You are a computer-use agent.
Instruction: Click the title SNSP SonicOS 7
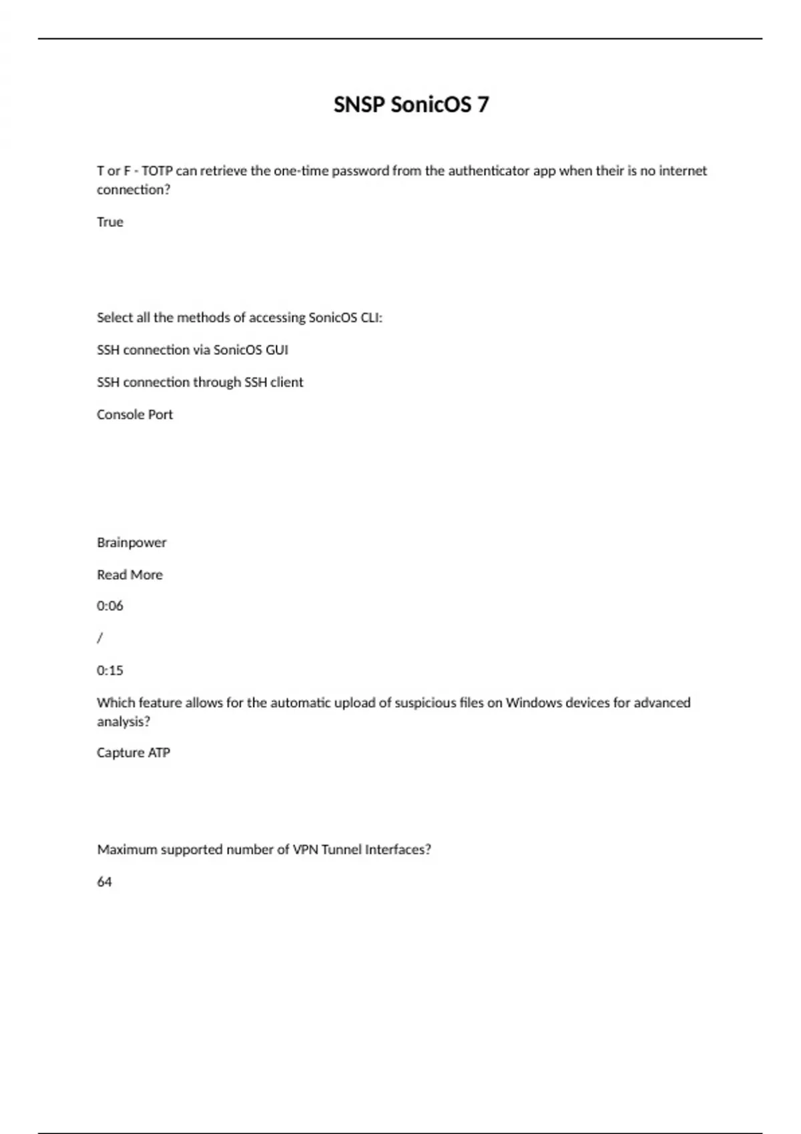coord(411,105)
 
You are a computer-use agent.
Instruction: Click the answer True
coord(110,222)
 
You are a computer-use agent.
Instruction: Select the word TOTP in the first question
coord(157,171)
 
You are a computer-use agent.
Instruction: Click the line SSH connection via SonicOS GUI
coord(192,350)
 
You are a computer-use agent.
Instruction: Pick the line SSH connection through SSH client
coord(200,382)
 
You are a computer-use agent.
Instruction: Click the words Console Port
coord(134,414)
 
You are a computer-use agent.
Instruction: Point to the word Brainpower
coord(131,542)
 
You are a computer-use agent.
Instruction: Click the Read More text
coord(129,574)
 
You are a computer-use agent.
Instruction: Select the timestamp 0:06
coord(110,606)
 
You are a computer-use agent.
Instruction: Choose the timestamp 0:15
coord(110,670)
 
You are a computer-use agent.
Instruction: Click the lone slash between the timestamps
coord(100,638)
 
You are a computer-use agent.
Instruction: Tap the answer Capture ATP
coord(133,752)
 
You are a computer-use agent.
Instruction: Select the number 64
coord(105,882)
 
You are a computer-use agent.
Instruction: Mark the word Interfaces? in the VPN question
coord(398,850)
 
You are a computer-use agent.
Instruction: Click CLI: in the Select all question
coord(371,318)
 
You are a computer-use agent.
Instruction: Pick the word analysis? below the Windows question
coord(123,722)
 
